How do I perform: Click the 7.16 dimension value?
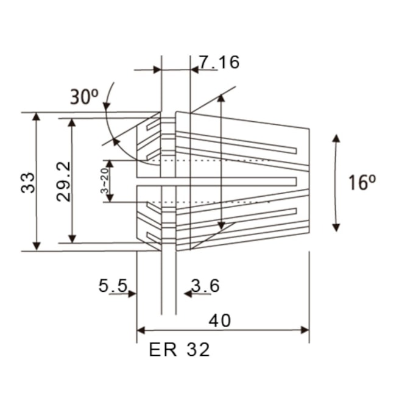click(219, 62)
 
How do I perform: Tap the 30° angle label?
click(84, 97)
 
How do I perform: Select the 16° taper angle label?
click(362, 182)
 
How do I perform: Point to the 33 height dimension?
click(27, 181)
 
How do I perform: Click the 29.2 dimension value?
click(63, 181)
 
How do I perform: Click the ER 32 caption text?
click(179, 350)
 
